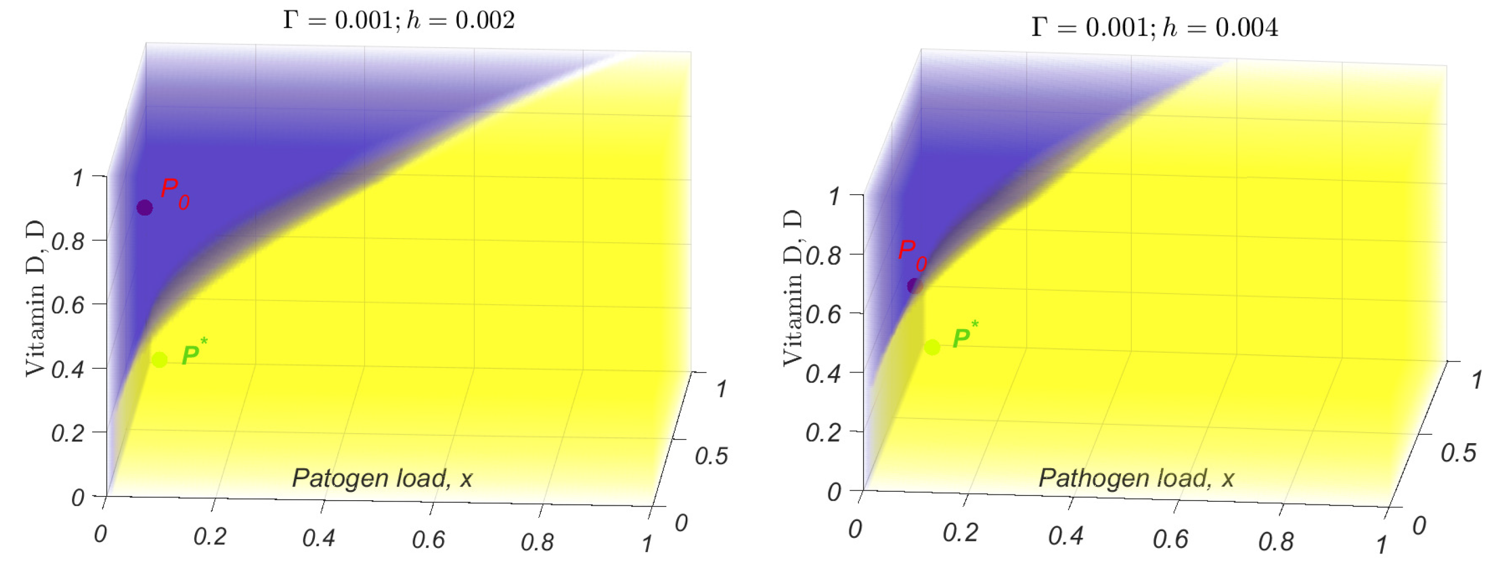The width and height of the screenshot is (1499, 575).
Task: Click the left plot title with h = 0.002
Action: (399, 21)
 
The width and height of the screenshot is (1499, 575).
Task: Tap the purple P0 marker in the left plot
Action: (144, 208)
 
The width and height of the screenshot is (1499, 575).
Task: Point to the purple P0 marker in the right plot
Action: (915, 286)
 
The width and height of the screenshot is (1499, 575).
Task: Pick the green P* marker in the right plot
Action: (932, 347)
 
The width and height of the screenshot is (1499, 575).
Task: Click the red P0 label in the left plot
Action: (175, 193)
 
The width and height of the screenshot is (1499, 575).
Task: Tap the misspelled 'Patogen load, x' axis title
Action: (382, 478)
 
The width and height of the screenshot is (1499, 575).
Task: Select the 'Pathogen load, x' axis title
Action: (1136, 478)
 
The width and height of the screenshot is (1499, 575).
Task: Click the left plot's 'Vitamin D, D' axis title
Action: (35, 298)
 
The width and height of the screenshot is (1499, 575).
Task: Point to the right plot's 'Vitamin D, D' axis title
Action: (792, 288)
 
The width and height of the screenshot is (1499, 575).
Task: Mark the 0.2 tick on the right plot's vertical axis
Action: (823, 432)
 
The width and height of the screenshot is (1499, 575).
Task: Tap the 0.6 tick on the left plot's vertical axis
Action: (68, 305)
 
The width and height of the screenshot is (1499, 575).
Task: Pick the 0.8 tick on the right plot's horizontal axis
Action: (1275, 543)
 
